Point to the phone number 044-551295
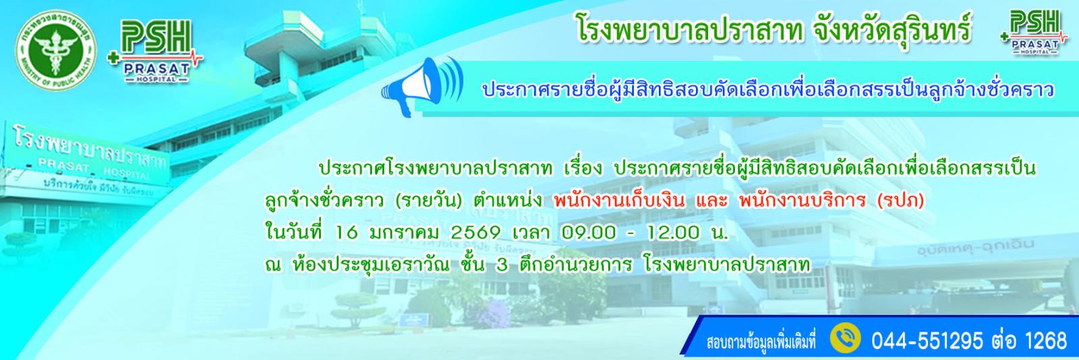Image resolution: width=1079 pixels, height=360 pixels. pos(924,339)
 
